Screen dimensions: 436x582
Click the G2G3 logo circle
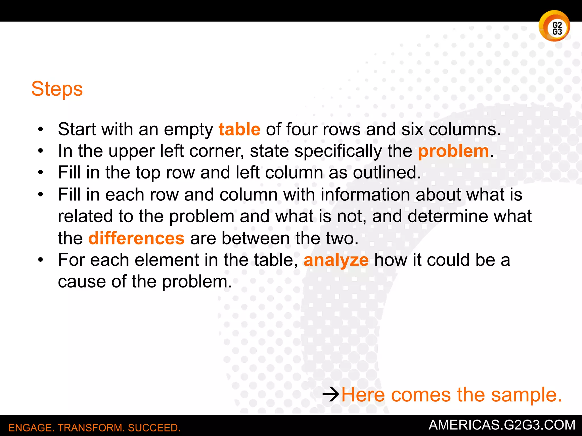tap(554, 26)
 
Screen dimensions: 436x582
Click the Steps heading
tap(57, 89)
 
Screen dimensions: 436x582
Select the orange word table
tap(239, 129)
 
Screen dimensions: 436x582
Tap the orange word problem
tap(453, 151)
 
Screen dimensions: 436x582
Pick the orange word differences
tap(136, 238)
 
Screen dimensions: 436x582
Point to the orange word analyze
tap(336, 260)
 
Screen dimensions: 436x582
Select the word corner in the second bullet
tap(216, 151)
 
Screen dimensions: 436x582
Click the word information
tap(365, 195)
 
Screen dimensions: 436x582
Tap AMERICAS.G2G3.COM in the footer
tap(502, 425)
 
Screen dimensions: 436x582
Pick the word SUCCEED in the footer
tap(154, 428)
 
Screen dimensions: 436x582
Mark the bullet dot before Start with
tap(41, 130)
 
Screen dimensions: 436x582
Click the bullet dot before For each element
tap(41, 260)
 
